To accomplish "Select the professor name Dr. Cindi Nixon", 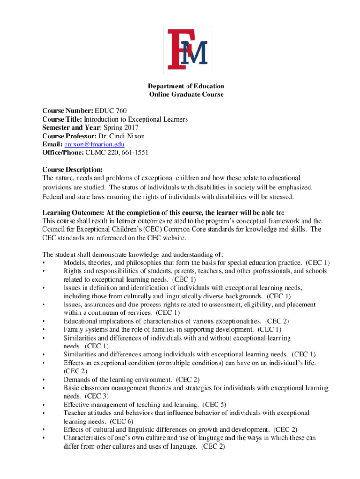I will point(124,136).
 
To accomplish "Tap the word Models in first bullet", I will point(74,263).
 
